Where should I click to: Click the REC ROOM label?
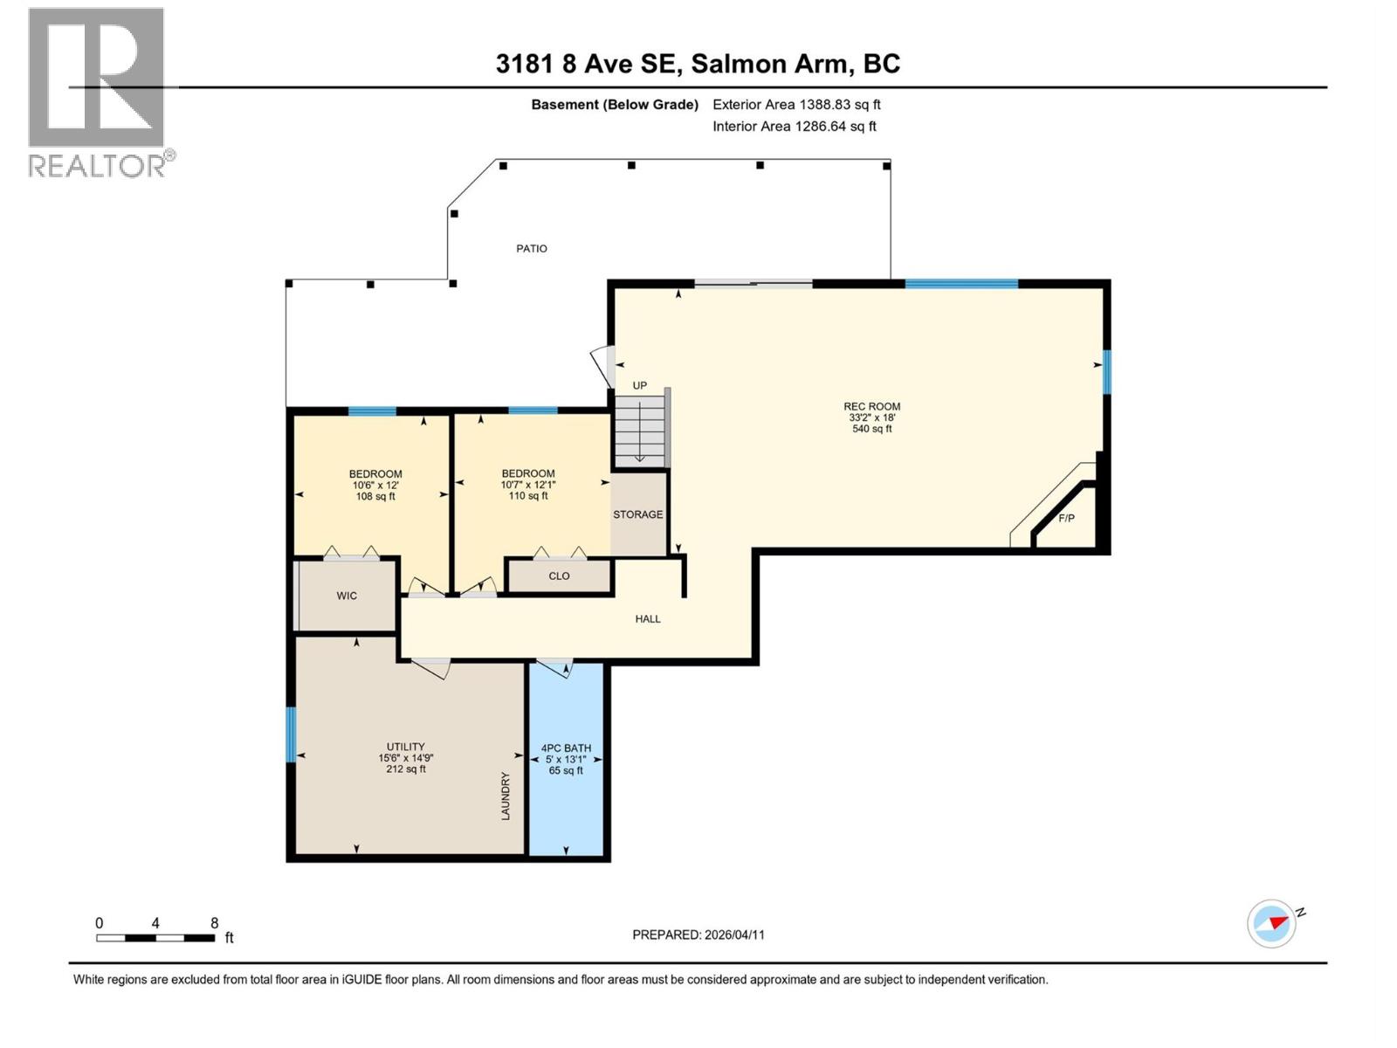point(871,406)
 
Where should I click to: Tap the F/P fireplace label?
point(1066,519)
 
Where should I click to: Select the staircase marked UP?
point(640,431)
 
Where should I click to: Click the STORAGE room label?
point(637,514)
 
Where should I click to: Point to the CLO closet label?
point(559,576)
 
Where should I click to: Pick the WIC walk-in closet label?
point(347,596)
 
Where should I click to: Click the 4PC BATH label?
point(566,748)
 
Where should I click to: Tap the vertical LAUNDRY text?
point(505,796)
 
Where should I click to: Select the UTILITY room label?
point(405,747)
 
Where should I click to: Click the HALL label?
point(648,619)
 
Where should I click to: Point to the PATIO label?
point(532,249)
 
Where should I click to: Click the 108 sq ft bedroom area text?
point(375,497)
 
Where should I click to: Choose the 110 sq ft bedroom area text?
point(528,496)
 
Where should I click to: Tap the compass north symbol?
point(1272,923)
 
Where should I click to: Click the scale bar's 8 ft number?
point(214,923)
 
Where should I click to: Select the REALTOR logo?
point(98,93)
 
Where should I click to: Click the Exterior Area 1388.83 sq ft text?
point(796,105)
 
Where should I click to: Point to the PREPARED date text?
point(698,934)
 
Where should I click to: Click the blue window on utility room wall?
point(291,734)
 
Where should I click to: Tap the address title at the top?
point(698,64)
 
